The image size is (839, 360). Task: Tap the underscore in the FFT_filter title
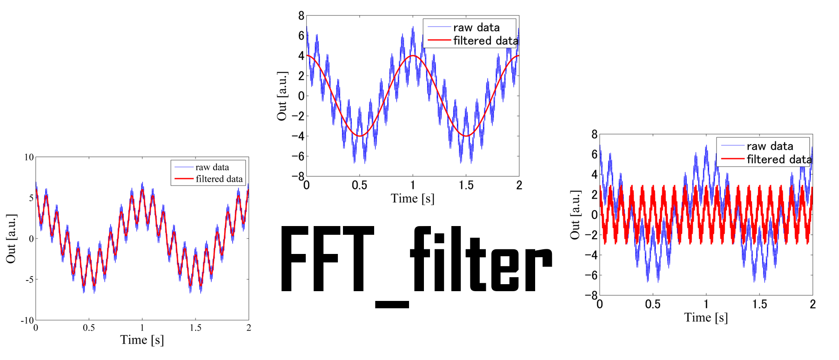click(x=392, y=305)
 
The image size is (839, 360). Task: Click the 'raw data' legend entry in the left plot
click(x=212, y=167)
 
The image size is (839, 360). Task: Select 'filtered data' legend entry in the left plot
click(x=219, y=179)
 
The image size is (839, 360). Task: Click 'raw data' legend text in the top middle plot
click(x=477, y=27)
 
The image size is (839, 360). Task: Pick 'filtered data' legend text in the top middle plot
click(x=485, y=41)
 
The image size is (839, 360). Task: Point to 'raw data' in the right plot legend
click(x=770, y=146)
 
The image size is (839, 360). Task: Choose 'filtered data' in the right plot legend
click(x=779, y=160)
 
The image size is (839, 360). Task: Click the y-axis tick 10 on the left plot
click(x=29, y=157)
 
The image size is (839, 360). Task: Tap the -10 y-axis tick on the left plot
click(x=27, y=320)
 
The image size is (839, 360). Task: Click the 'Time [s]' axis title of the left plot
click(x=142, y=340)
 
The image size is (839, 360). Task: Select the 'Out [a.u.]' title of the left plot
click(x=11, y=239)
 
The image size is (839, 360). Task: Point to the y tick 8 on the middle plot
click(x=301, y=16)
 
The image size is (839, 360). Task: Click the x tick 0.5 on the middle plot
click(x=359, y=186)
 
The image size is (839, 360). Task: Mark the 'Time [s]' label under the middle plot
click(x=413, y=199)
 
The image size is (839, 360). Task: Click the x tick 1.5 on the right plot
click(x=759, y=304)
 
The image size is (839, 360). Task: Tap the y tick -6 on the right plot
click(x=591, y=275)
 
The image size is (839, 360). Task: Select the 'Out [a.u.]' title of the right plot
click(x=575, y=215)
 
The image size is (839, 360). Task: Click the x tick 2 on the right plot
click(x=813, y=304)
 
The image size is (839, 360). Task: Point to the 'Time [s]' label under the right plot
click(x=706, y=318)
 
